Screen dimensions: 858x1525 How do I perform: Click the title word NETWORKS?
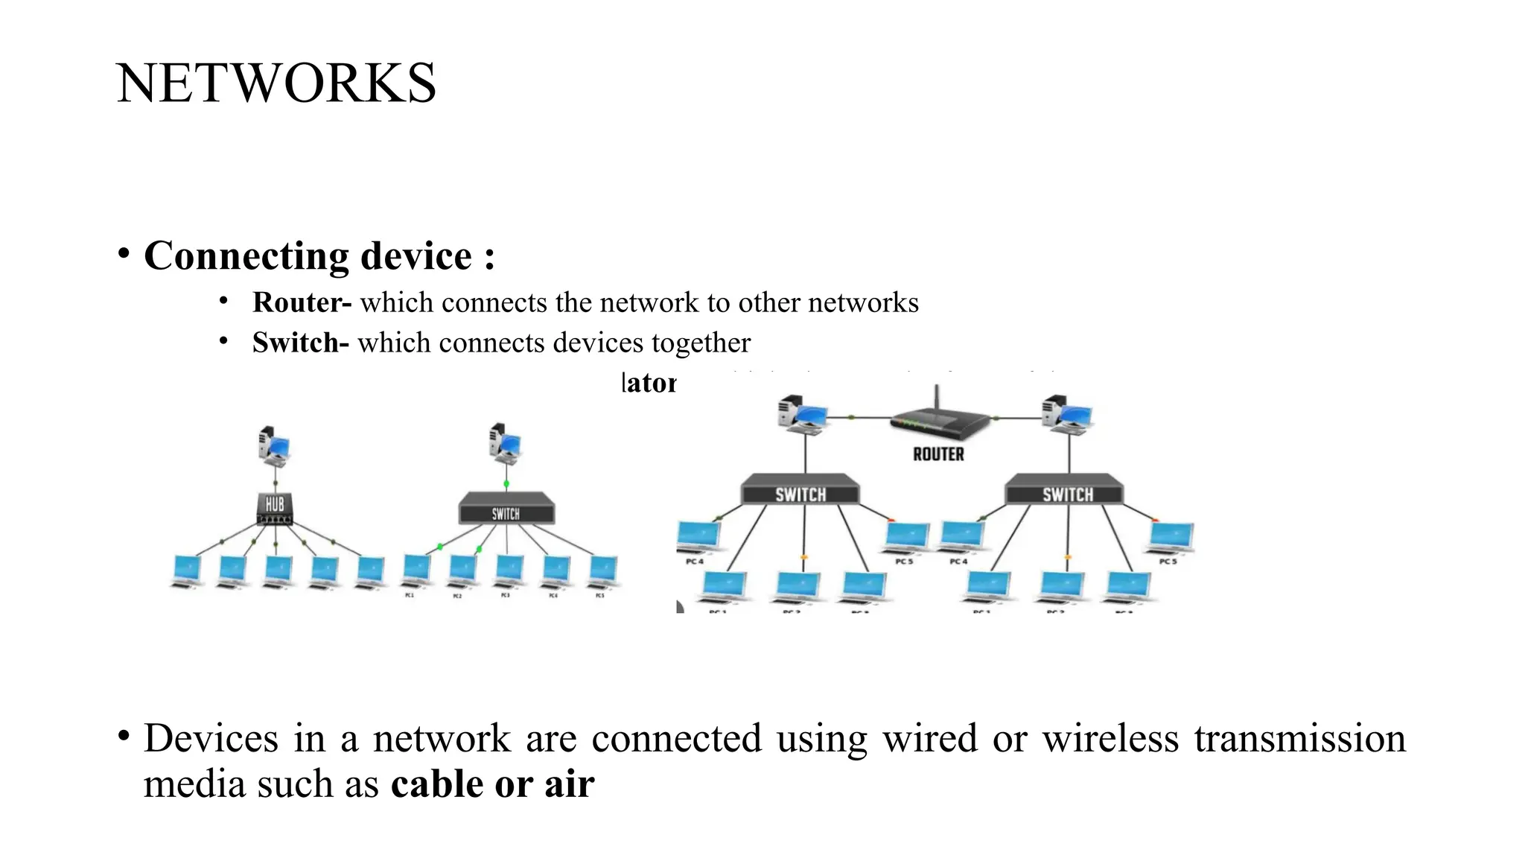(276, 83)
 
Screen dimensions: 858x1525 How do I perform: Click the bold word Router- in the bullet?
(301, 303)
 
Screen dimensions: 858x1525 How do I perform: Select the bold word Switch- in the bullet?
(299, 343)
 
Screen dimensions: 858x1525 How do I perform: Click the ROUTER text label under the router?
(938, 454)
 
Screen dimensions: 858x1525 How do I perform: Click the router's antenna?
(937, 398)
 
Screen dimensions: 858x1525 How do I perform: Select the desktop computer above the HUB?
(274, 446)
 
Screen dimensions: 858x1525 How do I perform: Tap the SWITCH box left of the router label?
(800, 492)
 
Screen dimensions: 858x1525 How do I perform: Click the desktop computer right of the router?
(1068, 413)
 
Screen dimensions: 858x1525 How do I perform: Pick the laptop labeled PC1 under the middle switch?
(416, 572)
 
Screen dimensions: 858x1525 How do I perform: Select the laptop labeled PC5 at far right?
(1171, 538)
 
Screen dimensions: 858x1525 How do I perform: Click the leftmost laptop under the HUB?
(187, 572)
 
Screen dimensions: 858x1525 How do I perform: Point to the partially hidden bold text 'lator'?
(649, 384)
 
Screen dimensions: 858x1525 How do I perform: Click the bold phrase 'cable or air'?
(492, 784)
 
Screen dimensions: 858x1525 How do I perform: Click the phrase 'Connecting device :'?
(319, 256)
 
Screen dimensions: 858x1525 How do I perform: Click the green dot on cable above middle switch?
(506, 484)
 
